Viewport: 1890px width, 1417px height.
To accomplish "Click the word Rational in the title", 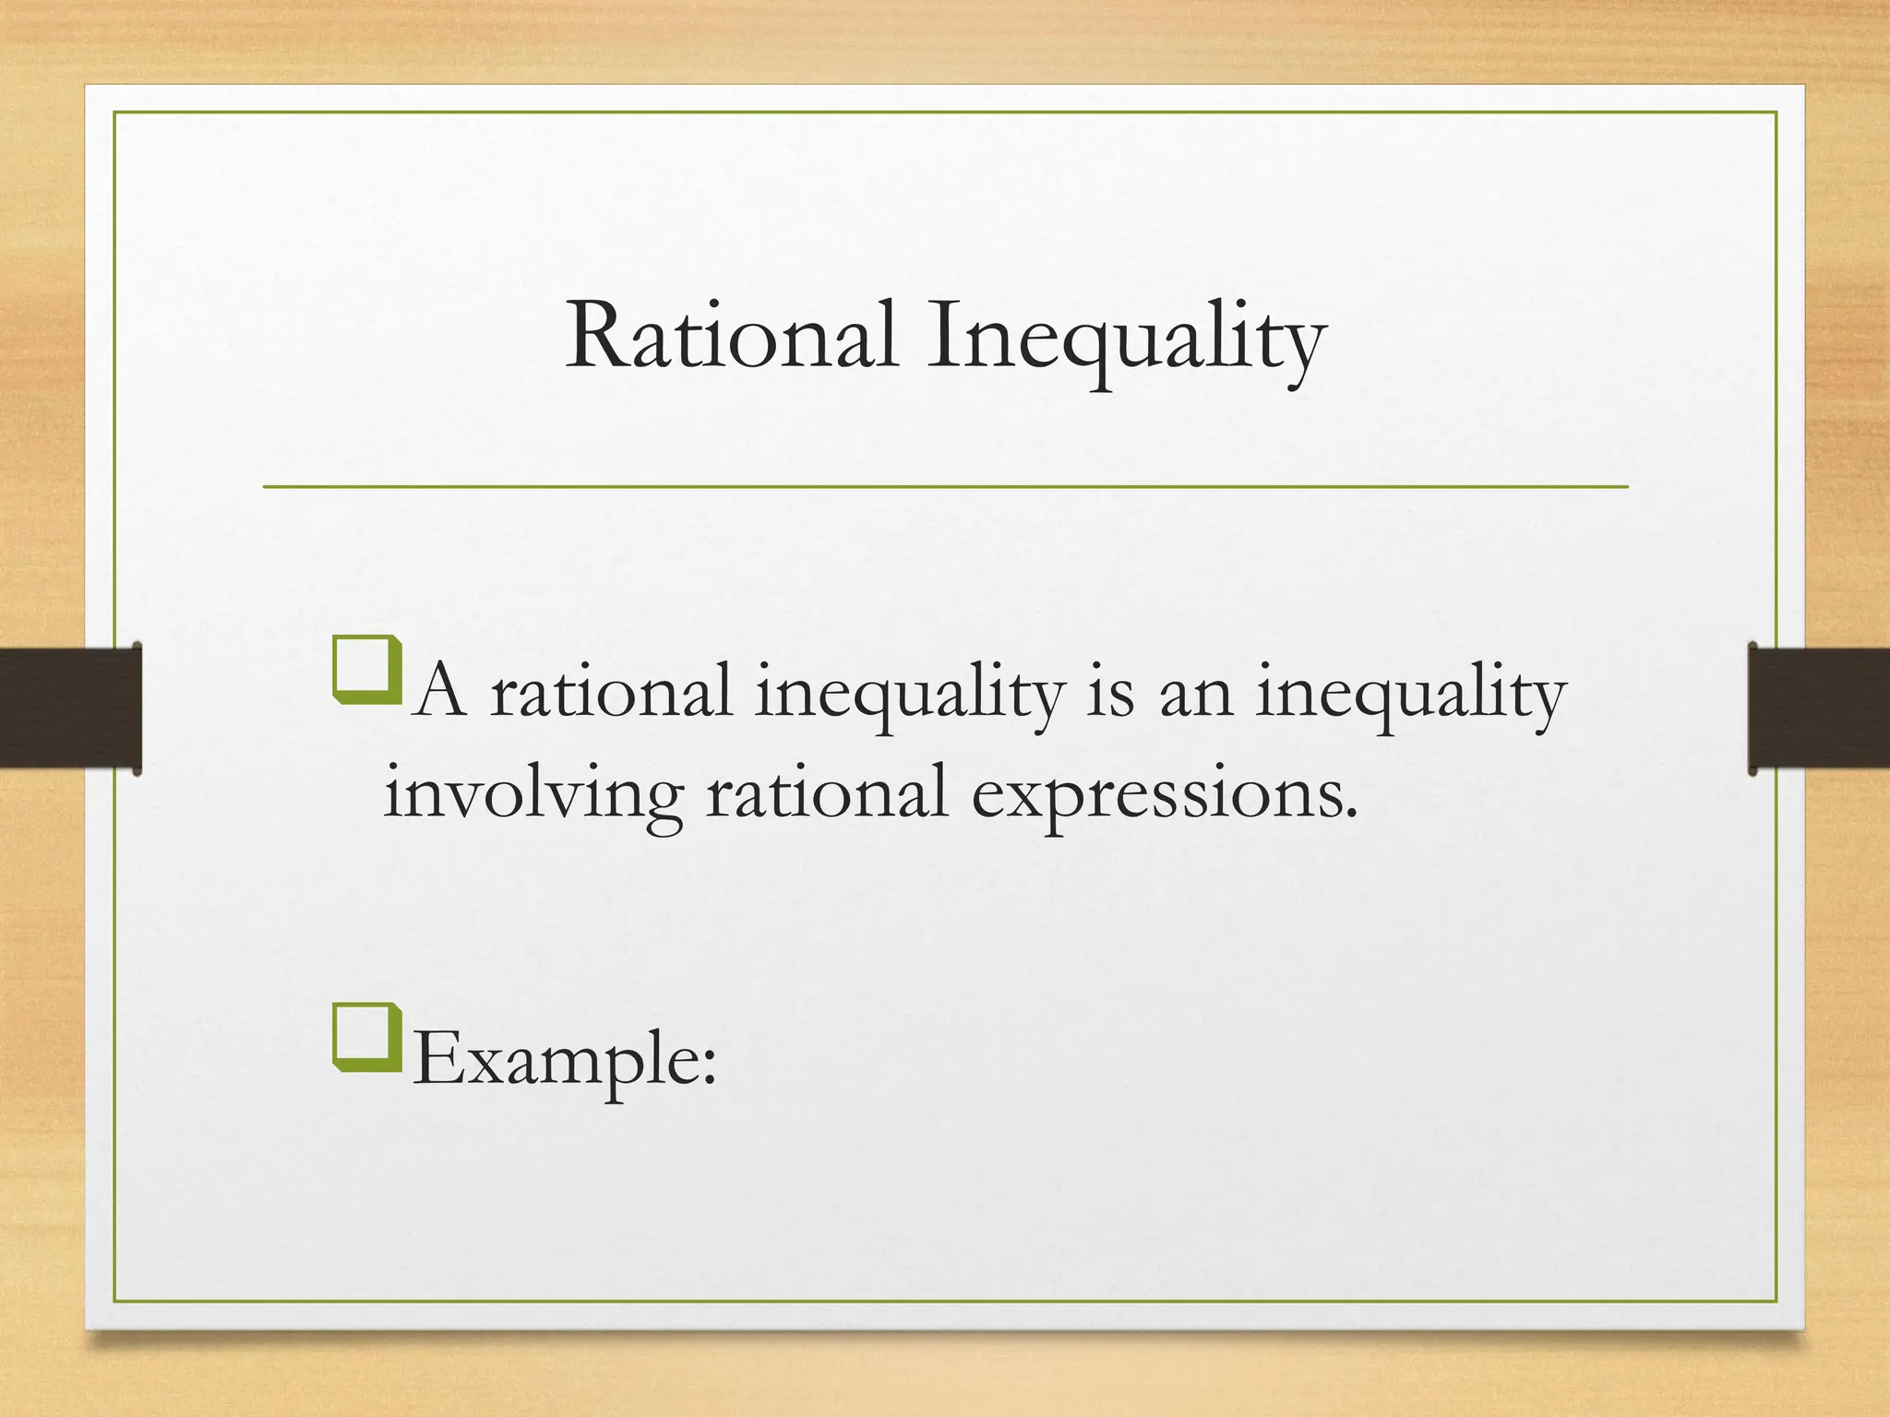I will click(731, 337).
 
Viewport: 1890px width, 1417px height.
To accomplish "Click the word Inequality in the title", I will click(1126, 341).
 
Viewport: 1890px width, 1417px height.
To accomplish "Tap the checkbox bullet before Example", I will click(367, 1038).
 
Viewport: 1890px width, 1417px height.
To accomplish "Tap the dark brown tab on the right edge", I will click(1818, 708).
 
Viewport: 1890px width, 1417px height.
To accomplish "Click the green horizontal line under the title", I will click(945, 486).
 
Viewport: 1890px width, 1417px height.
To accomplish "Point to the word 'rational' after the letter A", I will click(611, 694).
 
